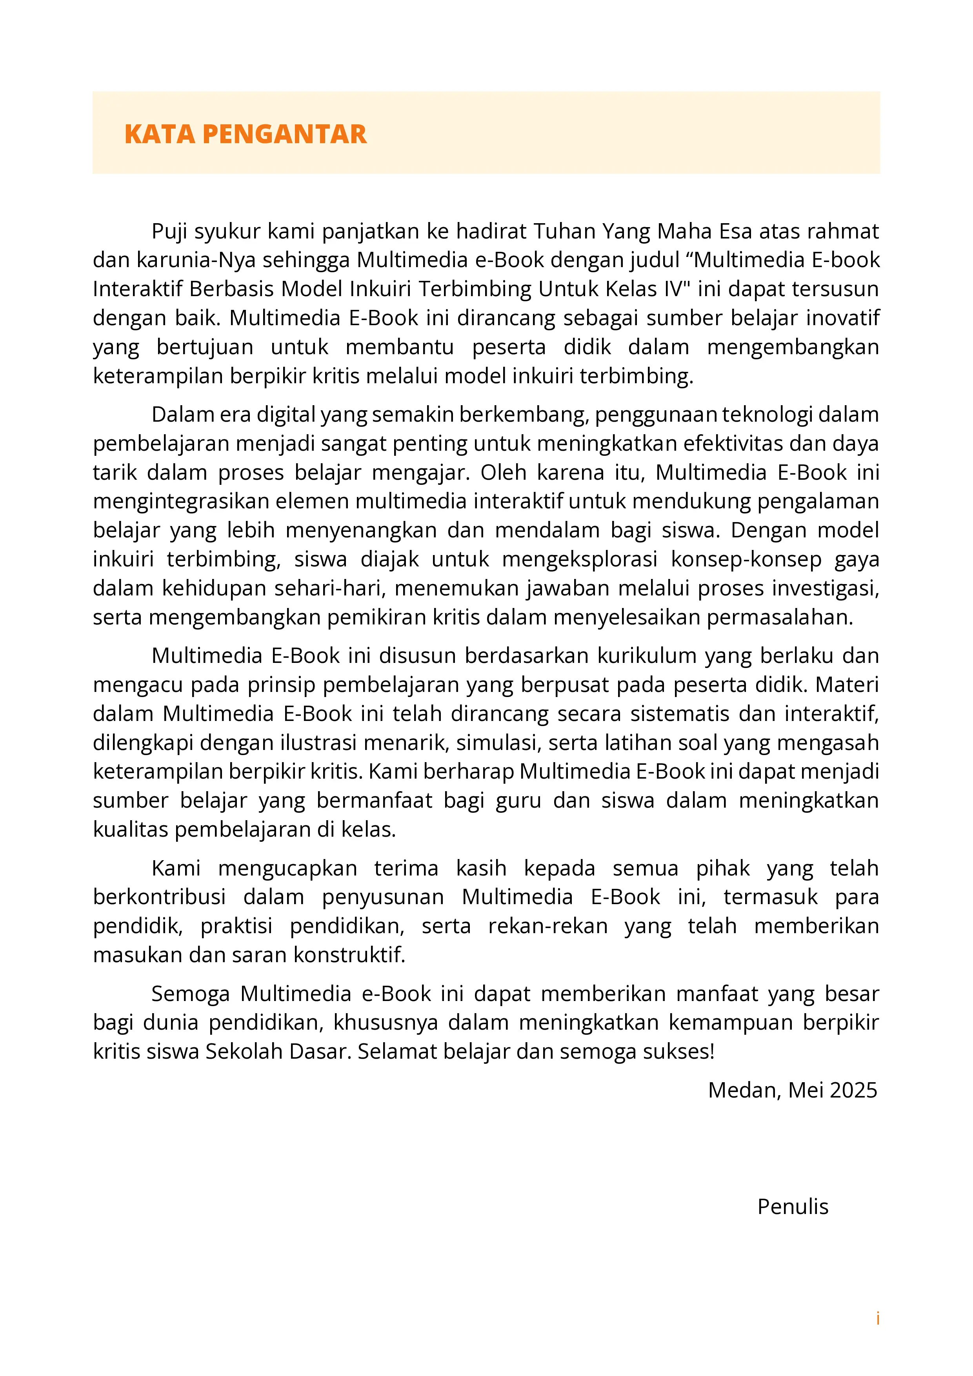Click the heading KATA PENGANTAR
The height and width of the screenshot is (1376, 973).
point(245,134)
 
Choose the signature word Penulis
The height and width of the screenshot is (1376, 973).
point(792,1207)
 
